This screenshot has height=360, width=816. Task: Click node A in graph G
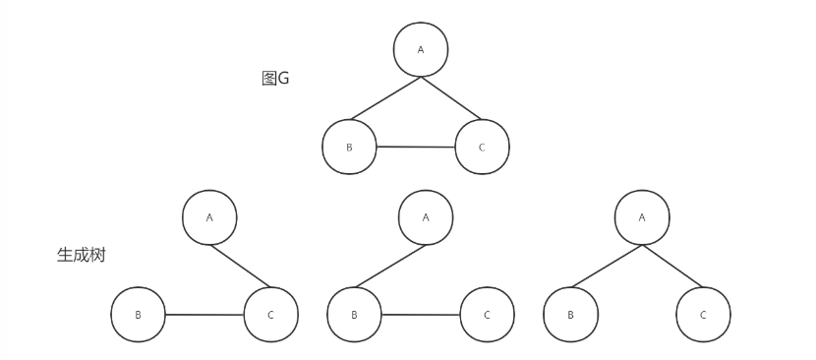[x=421, y=49]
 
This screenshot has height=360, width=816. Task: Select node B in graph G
[x=349, y=147]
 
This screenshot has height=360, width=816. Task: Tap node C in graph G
[x=482, y=147]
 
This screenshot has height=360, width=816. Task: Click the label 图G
[x=275, y=79]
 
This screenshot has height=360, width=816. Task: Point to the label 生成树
[x=81, y=255]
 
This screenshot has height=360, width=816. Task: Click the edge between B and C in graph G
[x=415, y=147]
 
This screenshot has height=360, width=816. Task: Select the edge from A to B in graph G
[x=385, y=97]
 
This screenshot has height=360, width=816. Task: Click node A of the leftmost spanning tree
[x=209, y=217]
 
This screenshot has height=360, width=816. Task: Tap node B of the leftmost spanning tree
[x=138, y=315]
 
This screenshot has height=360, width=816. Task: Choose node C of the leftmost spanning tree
[x=270, y=315]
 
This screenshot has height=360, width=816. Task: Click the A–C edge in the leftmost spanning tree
[x=240, y=266]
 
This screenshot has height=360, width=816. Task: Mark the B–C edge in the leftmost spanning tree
[x=204, y=315]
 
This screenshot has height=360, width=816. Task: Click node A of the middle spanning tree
[x=426, y=217]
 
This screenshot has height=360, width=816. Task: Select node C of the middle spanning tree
[x=487, y=315]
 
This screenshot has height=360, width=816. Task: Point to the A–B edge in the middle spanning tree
[x=390, y=266]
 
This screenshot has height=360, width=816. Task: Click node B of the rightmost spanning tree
[x=570, y=315]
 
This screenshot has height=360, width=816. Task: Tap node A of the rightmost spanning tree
[x=642, y=217]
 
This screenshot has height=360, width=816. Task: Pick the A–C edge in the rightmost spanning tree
[x=672, y=266]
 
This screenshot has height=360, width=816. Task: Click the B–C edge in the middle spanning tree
[x=421, y=315]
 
